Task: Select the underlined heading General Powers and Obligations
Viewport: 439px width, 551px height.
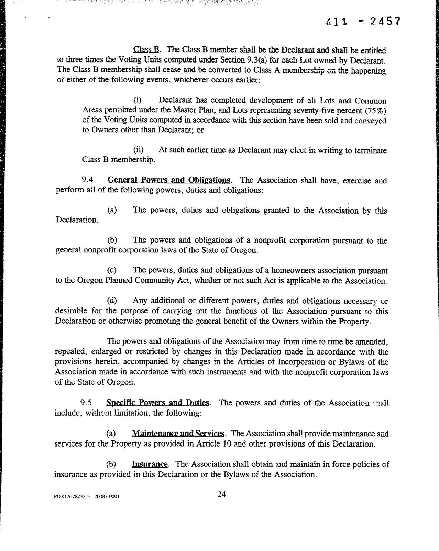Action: point(169,180)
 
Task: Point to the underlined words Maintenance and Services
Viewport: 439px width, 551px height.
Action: point(178,434)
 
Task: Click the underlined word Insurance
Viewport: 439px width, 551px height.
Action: point(150,464)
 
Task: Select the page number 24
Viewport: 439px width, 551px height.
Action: point(222,494)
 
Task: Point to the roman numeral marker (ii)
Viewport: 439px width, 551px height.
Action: point(139,150)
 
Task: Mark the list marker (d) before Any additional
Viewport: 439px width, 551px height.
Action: point(112,301)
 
